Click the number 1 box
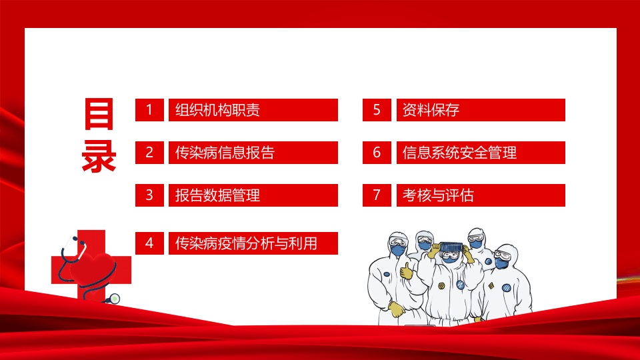(x=149, y=110)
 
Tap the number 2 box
(x=149, y=153)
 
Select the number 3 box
(x=149, y=195)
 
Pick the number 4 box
(x=149, y=243)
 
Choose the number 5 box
(x=377, y=110)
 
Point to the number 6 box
(x=377, y=153)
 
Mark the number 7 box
(x=377, y=195)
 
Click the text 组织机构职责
(x=217, y=110)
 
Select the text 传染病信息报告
(x=225, y=153)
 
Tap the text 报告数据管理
(x=217, y=195)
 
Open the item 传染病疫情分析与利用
(x=246, y=243)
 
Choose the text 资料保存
(x=431, y=110)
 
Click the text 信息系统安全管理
(x=460, y=153)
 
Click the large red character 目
(x=99, y=115)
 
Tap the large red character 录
(x=99, y=157)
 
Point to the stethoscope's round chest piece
(x=114, y=298)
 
